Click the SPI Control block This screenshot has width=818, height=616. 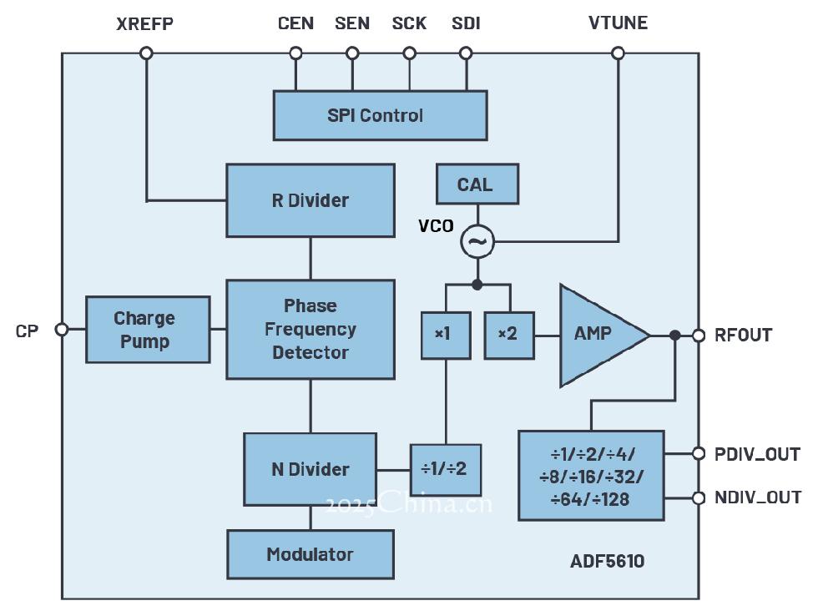[x=380, y=115]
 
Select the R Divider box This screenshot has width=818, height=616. [x=311, y=200]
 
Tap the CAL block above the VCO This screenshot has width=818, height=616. [x=477, y=184]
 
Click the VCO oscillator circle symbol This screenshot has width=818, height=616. [x=477, y=242]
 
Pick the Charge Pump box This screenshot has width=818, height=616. [x=148, y=330]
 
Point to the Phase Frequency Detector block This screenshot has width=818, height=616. [x=311, y=329]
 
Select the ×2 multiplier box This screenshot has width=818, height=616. [x=508, y=334]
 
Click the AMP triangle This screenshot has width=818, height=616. [x=597, y=335]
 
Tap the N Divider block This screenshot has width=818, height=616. [x=310, y=469]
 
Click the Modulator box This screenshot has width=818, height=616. [x=310, y=554]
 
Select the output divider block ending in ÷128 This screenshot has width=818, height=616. [x=591, y=476]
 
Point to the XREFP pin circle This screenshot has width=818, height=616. [x=146, y=53]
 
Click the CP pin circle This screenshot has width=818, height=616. [x=61, y=330]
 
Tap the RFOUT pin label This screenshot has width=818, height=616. [x=743, y=336]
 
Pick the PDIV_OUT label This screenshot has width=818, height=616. [x=757, y=454]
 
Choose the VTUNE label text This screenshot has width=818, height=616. [x=618, y=23]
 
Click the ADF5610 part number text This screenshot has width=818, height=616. [x=607, y=561]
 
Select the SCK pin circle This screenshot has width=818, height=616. [x=409, y=53]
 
